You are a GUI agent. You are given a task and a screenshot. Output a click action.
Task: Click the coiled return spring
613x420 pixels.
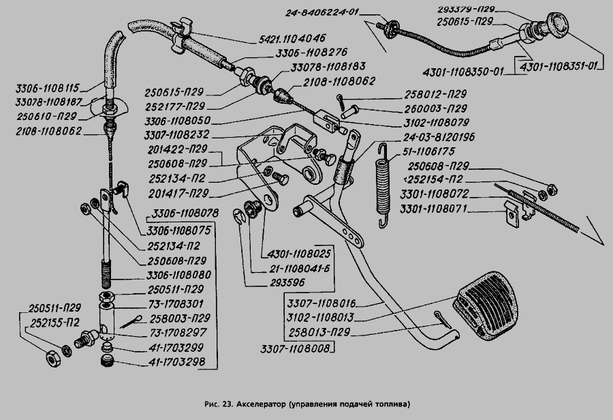(x=383, y=182)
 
